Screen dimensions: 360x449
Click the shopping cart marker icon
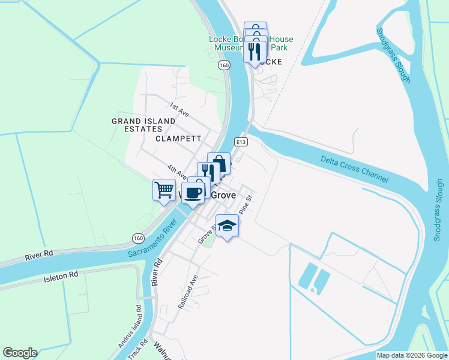tap(164, 190)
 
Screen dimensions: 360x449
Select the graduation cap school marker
tap(227, 226)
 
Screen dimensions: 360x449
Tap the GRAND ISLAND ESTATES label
tap(143, 125)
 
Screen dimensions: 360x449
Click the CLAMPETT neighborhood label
tap(178, 138)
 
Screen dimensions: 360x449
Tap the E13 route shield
tap(241, 142)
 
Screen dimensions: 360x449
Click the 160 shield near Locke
tap(224, 65)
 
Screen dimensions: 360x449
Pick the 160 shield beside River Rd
tap(138, 239)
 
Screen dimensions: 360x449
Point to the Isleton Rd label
tap(61, 277)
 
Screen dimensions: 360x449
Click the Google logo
tap(20, 353)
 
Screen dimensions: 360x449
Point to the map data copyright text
tap(412, 355)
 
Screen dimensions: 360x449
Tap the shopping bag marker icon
tap(219, 163)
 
